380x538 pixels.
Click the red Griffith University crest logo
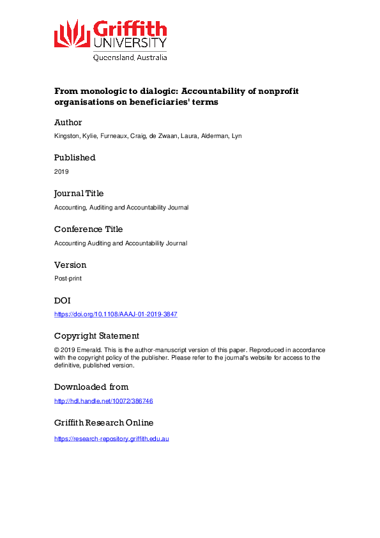click(72, 34)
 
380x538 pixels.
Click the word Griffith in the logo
click(130, 29)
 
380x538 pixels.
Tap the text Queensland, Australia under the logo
click(130, 58)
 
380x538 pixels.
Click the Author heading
click(68, 122)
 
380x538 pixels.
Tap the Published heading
click(75, 158)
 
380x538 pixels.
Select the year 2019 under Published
click(61, 172)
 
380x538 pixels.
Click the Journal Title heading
click(79, 194)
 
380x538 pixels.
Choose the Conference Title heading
click(88, 229)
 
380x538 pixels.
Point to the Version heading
click(70, 265)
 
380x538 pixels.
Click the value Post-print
click(68, 279)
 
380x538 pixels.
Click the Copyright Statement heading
click(96, 336)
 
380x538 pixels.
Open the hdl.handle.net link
click(103, 401)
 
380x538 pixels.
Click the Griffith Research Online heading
click(103, 423)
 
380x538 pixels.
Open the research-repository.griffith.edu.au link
click(111, 439)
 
